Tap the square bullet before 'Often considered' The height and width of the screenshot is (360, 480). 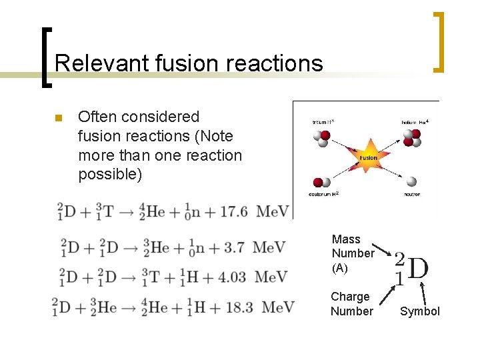tap(57, 119)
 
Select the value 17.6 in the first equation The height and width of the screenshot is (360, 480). tap(234, 211)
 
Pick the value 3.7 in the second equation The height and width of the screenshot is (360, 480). tap(233, 248)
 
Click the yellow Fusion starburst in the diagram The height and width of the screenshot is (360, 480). tap(368, 158)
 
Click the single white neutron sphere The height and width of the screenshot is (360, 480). tap(412, 181)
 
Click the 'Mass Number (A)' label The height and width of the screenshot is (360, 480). tap(353, 253)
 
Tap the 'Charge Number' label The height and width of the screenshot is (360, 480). tap(351, 304)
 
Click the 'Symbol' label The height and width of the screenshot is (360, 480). tap(420, 311)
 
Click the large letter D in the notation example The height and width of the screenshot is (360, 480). tap(417, 268)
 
